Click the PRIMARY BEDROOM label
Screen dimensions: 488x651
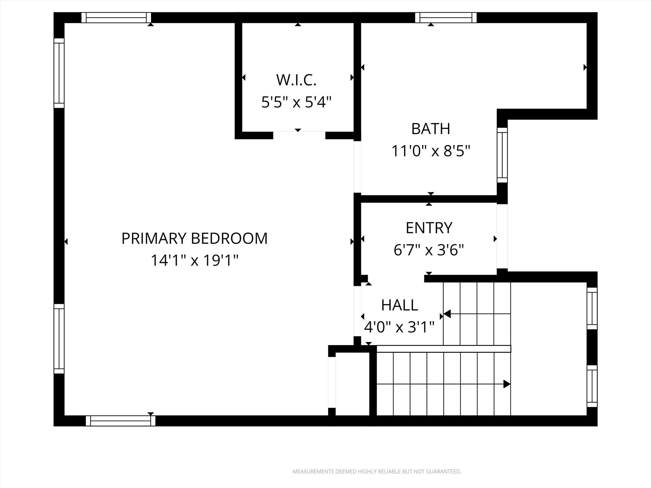tap(194, 238)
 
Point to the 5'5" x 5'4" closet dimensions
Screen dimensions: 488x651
tap(296, 102)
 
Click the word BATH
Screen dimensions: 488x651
tap(430, 129)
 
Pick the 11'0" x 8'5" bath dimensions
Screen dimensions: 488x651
tap(430, 151)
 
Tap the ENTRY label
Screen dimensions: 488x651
tap(429, 228)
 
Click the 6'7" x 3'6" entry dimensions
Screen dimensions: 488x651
tap(429, 250)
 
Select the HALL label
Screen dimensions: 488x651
tap(399, 305)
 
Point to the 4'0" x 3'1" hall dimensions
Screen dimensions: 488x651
tap(399, 327)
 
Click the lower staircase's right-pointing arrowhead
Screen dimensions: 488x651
tap(507, 384)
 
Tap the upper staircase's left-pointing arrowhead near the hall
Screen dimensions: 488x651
tap(447, 314)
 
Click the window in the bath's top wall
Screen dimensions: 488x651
tap(446, 18)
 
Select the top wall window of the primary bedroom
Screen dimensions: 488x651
tap(116, 18)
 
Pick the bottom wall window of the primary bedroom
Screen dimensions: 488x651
tap(120, 421)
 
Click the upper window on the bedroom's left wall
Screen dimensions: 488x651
tap(59, 73)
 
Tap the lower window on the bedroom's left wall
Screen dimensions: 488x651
tap(59, 339)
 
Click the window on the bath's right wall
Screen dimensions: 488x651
tap(502, 155)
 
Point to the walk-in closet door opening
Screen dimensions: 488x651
tap(299, 136)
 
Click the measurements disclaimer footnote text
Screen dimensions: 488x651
tap(377, 471)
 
